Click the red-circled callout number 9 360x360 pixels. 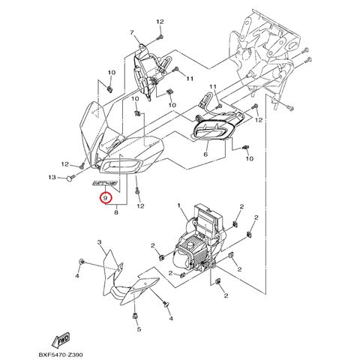[x=105, y=198]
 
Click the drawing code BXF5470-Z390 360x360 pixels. [x=61, y=355]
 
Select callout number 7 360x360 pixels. [x=132, y=32]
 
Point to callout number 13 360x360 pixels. [x=52, y=177]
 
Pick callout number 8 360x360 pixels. [x=116, y=213]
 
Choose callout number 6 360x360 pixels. [x=205, y=154]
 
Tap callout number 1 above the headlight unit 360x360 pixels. [x=179, y=205]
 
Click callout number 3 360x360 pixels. [x=99, y=242]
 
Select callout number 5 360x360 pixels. [x=139, y=329]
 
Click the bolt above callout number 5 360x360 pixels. [x=135, y=316]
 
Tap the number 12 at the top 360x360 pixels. [x=160, y=22]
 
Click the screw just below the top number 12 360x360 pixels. [x=160, y=37]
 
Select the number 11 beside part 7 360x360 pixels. [x=190, y=79]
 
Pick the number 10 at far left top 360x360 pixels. [x=112, y=73]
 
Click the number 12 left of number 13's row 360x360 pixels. [x=65, y=164]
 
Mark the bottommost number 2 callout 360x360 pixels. [x=226, y=295]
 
